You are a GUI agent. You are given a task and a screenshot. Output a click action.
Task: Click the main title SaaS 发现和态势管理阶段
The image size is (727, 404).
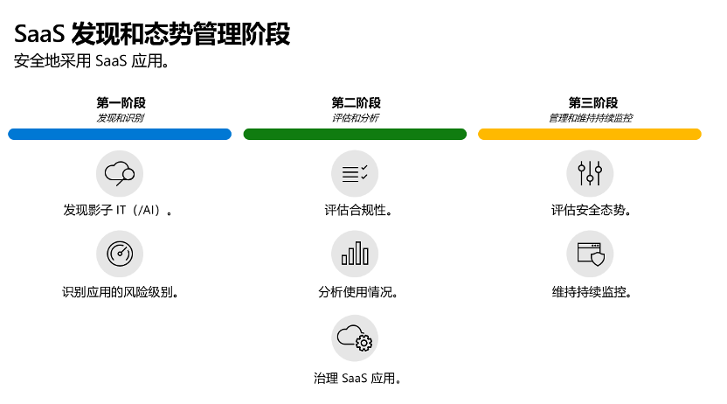152,34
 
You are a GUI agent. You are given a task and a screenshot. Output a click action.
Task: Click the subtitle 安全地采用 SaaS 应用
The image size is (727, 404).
91,60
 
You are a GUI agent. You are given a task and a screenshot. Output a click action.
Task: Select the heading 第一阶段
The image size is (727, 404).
121,102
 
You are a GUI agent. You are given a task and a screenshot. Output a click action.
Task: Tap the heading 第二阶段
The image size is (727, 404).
356,102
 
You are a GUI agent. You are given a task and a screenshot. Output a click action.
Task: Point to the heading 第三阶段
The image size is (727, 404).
593,102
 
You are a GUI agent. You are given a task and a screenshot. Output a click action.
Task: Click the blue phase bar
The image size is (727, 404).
120,134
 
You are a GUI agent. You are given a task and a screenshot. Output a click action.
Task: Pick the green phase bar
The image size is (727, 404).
355,134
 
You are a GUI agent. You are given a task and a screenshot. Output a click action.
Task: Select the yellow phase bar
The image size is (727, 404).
590,134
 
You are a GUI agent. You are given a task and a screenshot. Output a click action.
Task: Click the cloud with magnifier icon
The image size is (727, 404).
120,173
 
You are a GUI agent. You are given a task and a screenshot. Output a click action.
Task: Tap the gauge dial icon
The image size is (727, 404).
120,254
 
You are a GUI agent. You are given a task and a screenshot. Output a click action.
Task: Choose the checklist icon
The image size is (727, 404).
355,173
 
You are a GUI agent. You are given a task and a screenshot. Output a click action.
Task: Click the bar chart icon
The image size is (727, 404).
355,254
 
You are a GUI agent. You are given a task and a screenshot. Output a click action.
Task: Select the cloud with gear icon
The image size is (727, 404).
355,338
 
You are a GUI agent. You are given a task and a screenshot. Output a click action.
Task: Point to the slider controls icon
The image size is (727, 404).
590,173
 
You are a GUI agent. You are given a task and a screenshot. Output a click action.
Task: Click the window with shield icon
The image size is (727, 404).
590,254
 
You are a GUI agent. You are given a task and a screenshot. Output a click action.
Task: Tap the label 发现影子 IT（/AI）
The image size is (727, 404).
118,210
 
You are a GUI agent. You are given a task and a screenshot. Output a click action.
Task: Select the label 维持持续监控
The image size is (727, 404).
592,292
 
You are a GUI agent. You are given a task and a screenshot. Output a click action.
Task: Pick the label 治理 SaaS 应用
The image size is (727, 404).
357,378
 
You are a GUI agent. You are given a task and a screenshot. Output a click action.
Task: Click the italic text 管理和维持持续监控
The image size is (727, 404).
590,118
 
